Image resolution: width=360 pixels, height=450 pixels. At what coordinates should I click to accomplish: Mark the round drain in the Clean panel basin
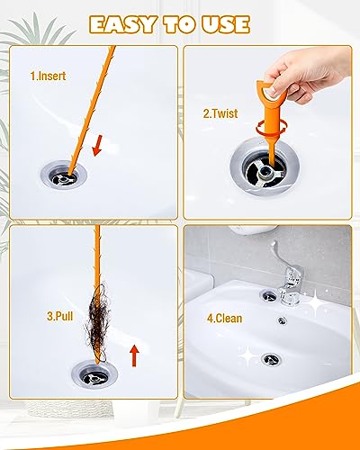[x=271, y=359]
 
